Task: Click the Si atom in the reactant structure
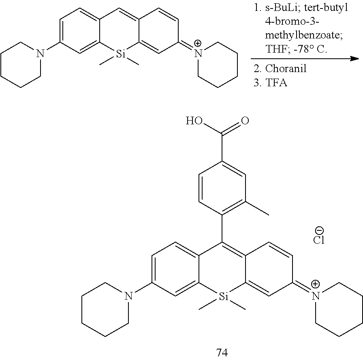pos(120,54)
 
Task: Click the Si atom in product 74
pos(224,296)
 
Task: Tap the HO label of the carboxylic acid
pos(194,121)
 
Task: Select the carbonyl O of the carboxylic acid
pos(245,121)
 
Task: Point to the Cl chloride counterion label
pos(319,240)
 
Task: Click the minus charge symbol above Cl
pos(319,230)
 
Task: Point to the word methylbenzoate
pos(304,35)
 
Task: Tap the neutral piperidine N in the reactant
pos(40,54)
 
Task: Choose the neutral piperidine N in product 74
pos(129,296)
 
